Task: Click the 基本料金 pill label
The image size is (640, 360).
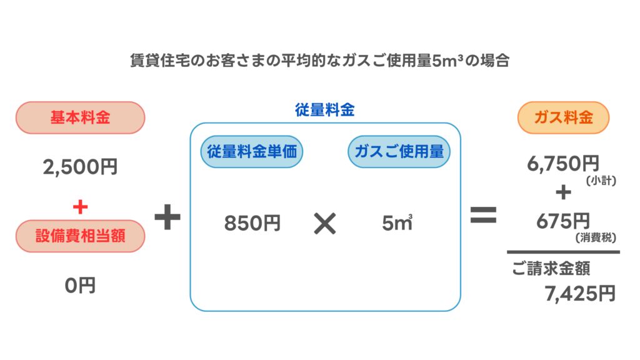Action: [x=80, y=117]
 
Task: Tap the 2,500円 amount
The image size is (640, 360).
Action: [x=80, y=167]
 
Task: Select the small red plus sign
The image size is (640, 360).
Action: [x=80, y=206]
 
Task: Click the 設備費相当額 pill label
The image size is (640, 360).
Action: [x=80, y=236]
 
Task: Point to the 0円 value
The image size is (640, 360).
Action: [x=80, y=286]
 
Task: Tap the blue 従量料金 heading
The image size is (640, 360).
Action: [x=325, y=110]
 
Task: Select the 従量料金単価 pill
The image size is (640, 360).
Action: [x=251, y=151]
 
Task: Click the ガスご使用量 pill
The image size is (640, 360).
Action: [x=399, y=151]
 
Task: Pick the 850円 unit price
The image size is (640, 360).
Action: [x=252, y=223]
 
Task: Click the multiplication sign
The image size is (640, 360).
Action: [x=324, y=223]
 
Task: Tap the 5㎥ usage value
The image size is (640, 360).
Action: [x=397, y=223]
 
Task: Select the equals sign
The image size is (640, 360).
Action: [x=483, y=216]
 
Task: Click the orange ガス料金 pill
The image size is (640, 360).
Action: [x=564, y=117]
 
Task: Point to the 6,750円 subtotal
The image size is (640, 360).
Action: [x=563, y=164]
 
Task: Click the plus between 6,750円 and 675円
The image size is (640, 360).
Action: [x=563, y=192]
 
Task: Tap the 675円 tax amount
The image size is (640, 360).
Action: [x=563, y=221]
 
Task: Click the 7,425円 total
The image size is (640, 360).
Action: [x=580, y=293]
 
